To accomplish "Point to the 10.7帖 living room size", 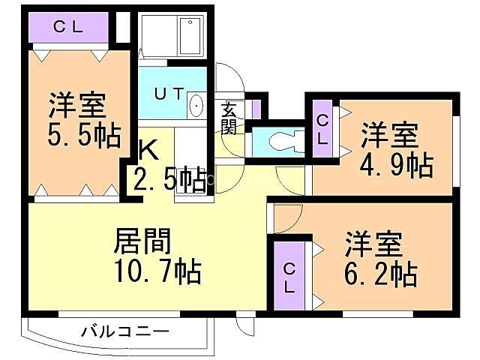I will [x=157, y=271].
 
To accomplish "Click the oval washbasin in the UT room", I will [x=196, y=106].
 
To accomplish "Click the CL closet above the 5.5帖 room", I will [x=67, y=28].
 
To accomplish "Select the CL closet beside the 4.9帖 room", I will [x=322, y=129].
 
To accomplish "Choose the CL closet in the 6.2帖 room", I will [x=289, y=275].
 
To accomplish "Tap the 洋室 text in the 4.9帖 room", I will [x=389, y=136].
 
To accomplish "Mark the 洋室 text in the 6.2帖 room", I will [x=373, y=244].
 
